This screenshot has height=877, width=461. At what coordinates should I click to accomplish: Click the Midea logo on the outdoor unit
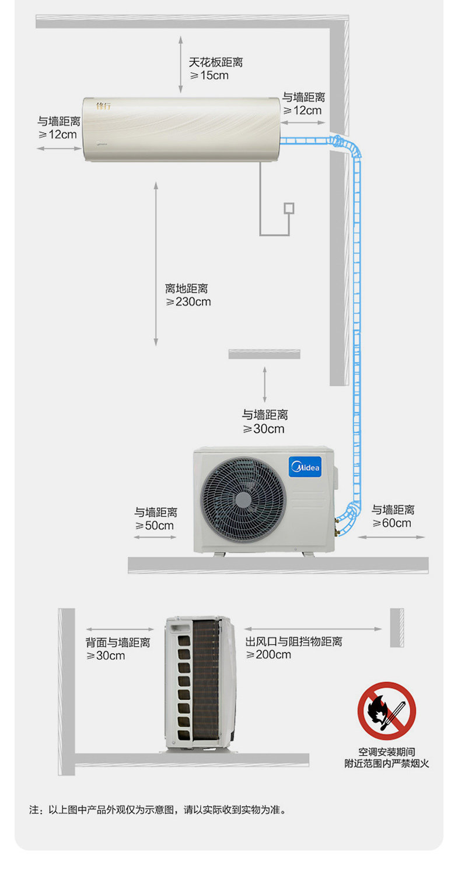click(305, 467)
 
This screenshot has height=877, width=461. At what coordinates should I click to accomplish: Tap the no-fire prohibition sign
click(387, 711)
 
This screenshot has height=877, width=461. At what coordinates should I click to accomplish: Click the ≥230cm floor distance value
click(188, 302)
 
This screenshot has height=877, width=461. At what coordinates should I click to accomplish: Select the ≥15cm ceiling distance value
click(209, 76)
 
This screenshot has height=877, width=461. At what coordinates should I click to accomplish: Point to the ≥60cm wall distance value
click(392, 523)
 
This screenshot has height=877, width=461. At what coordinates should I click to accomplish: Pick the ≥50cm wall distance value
click(155, 525)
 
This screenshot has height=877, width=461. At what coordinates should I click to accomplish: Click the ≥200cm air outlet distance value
click(268, 655)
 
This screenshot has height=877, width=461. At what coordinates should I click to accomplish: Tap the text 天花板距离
click(215, 62)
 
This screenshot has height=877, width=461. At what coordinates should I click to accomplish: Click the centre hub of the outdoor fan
click(242, 499)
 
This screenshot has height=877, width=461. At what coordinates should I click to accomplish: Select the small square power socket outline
click(288, 208)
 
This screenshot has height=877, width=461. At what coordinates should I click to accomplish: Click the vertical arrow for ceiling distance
click(180, 64)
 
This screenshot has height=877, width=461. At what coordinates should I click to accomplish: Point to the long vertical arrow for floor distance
click(156, 264)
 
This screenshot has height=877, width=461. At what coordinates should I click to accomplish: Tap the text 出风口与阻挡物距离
click(294, 642)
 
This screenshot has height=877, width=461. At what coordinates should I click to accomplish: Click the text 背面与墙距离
click(118, 643)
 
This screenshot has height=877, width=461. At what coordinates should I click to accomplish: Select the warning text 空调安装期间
click(387, 752)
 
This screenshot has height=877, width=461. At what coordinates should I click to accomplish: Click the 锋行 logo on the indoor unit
click(103, 106)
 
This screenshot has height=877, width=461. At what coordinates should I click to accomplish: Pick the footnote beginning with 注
click(158, 810)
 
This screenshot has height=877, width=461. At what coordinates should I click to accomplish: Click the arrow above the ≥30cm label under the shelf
click(264, 384)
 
